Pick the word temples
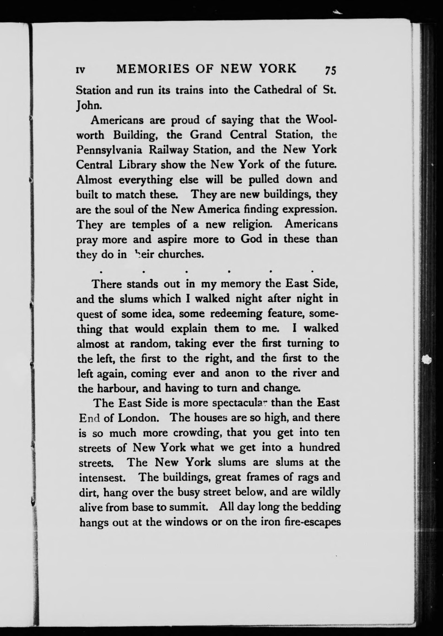tap(151, 225)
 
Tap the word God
tap(251, 239)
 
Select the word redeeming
tap(236, 314)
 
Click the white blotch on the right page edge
tap(427, 360)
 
